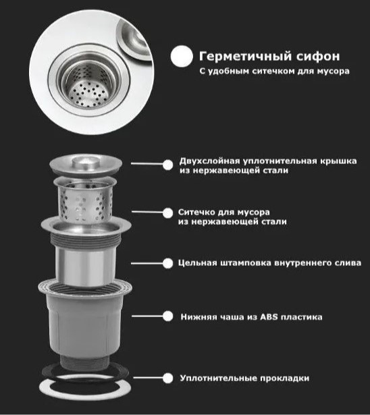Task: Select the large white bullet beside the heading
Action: coord(182,56)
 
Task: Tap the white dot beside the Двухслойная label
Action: coord(167,165)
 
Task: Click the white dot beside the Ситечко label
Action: coord(167,213)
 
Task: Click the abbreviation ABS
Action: coord(269,316)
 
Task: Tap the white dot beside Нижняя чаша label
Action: coord(167,316)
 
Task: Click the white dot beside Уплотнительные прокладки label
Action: coord(167,378)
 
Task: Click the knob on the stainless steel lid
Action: coord(84,161)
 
